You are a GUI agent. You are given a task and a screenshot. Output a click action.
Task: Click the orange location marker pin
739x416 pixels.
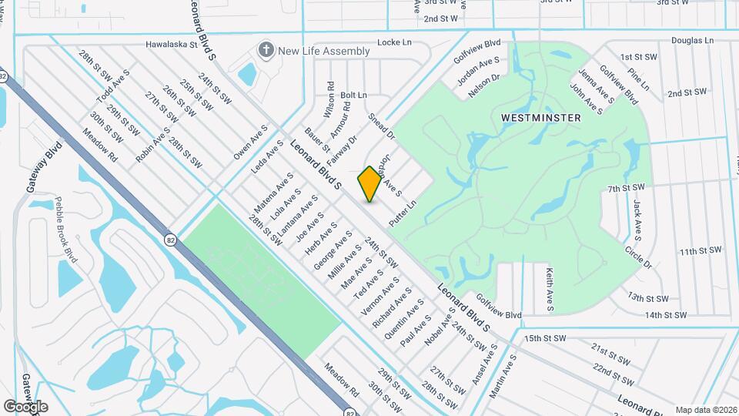click(369, 183)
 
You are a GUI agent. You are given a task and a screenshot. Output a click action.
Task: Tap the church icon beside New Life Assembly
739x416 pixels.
click(266, 51)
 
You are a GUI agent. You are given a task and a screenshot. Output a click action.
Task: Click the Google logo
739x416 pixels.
click(25, 407)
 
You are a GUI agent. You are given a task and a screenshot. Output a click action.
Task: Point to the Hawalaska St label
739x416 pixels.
click(172, 45)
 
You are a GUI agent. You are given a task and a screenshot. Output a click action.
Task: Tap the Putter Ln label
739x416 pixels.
click(403, 213)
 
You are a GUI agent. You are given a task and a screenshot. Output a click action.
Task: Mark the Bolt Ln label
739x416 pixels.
click(353, 95)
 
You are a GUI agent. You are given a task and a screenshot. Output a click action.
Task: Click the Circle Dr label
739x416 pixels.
click(638, 258)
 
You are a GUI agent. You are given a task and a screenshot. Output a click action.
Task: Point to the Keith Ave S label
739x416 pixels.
click(549, 289)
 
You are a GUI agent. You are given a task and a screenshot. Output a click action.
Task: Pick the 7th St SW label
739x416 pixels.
click(626, 188)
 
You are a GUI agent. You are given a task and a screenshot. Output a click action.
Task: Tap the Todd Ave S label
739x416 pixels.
click(113, 89)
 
